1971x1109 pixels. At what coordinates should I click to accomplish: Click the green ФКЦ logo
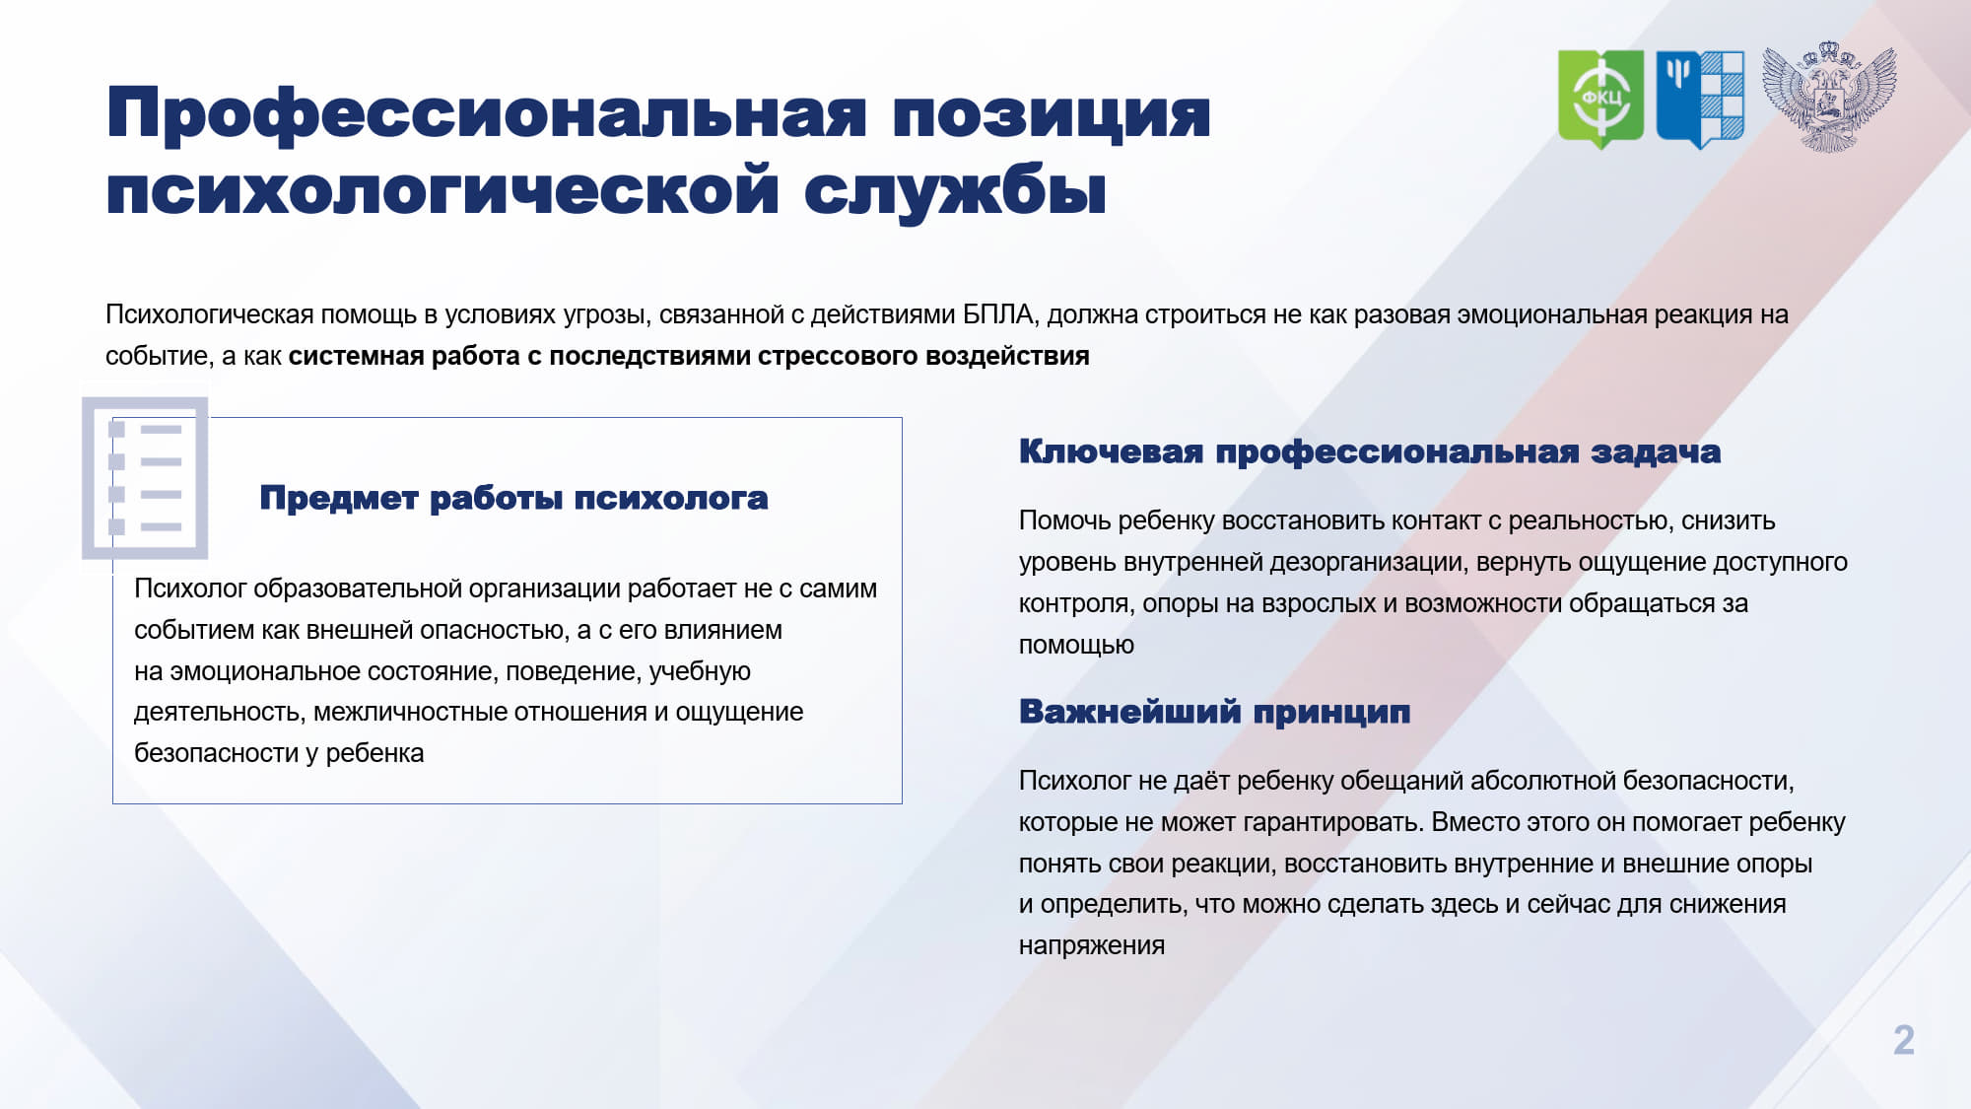1600,99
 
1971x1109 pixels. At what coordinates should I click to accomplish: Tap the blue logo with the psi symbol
1700,99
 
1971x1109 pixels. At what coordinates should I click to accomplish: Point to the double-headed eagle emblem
1829,97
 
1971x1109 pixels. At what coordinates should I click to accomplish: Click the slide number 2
1903,1040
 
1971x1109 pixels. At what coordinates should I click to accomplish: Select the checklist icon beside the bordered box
145,478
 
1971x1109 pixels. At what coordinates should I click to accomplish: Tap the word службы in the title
955,190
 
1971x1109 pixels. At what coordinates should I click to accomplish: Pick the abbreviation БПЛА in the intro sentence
997,314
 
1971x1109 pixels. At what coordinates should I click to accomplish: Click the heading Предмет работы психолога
513,499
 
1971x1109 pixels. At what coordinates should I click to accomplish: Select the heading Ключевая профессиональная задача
1370,452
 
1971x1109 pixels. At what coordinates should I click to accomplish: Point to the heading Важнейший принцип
1214,712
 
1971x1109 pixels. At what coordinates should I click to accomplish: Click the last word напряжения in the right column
1092,946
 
